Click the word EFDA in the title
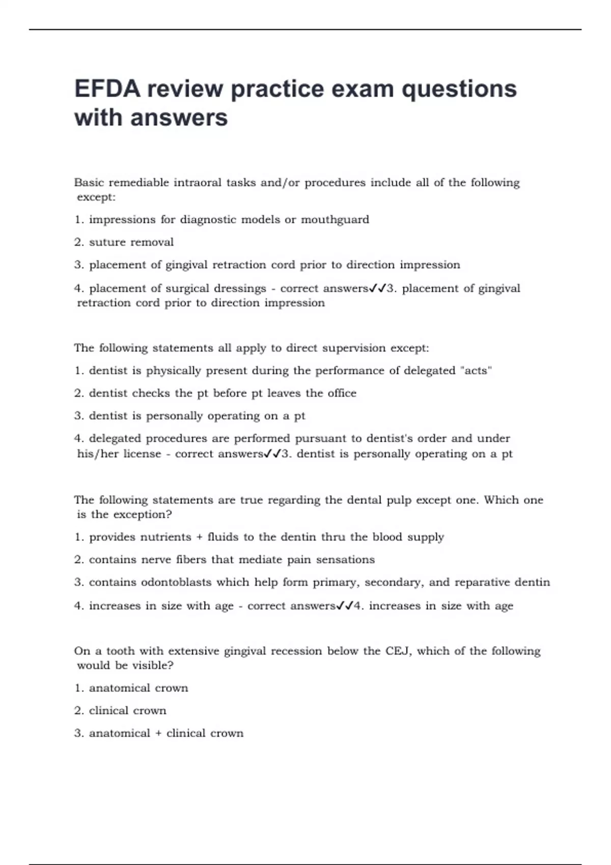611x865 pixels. [107, 89]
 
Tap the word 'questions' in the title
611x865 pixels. [459, 90]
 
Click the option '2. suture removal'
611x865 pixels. [124, 242]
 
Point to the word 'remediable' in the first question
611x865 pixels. [138, 183]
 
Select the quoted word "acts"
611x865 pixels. [476, 371]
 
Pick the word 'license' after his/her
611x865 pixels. [142, 454]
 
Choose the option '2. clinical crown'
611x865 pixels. [120, 711]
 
